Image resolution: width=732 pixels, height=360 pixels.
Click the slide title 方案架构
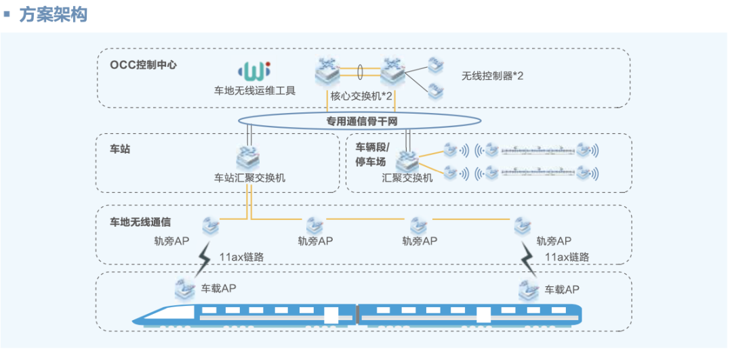pyautogui.click(x=54, y=15)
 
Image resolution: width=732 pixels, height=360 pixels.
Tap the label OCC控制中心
pyautogui.click(x=144, y=65)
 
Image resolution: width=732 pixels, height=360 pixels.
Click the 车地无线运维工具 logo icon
pyautogui.click(x=254, y=70)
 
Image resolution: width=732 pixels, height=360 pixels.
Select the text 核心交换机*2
pyautogui.click(x=361, y=95)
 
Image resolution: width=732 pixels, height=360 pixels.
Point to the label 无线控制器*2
pyautogui.click(x=492, y=76)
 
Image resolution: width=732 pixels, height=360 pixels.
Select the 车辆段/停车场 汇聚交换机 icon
pyautogui.click(x=407, y=160)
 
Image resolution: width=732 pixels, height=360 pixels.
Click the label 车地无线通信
pyautogui.click(x=140, y=221)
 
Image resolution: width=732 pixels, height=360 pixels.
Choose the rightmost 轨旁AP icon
pyautogui.click(x=523, y=224)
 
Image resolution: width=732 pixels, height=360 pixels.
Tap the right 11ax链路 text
pyautogui.click(x=567, y=257)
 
